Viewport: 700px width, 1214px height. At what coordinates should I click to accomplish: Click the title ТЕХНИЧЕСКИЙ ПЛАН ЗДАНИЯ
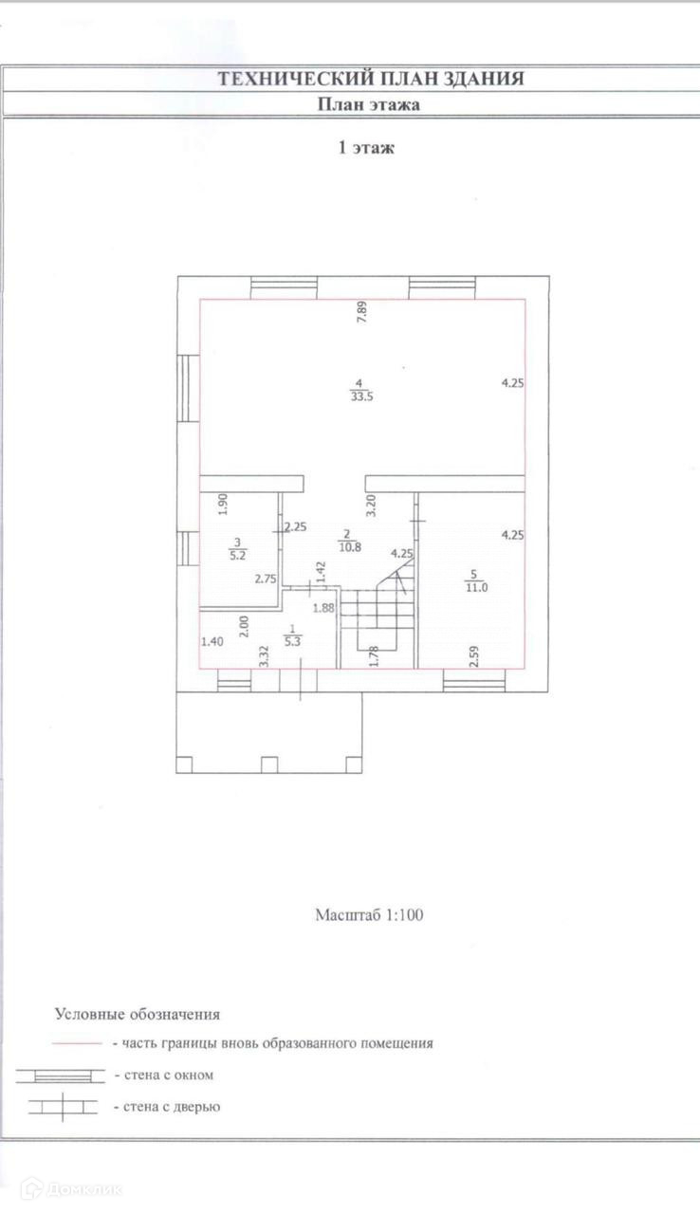(371, 79)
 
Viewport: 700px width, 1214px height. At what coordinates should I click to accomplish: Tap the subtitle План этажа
(368, 105)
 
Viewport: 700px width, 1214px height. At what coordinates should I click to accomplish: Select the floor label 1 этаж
(366, 148)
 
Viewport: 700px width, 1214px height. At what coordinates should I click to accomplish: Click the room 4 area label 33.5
(359, 397)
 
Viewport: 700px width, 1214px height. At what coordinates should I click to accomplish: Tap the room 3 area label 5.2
(237, 557)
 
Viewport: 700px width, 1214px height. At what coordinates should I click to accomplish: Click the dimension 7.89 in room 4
(361, 313)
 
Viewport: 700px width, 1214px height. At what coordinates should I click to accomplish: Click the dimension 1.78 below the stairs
(375, 655)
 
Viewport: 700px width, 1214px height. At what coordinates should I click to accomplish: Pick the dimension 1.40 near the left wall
(212, 642)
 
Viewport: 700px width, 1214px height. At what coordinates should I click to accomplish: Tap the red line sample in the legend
(76, 1042)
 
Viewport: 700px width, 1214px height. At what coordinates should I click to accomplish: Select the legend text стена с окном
(163, 1075)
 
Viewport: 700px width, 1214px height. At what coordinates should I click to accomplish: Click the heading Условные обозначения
(138, 1014)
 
